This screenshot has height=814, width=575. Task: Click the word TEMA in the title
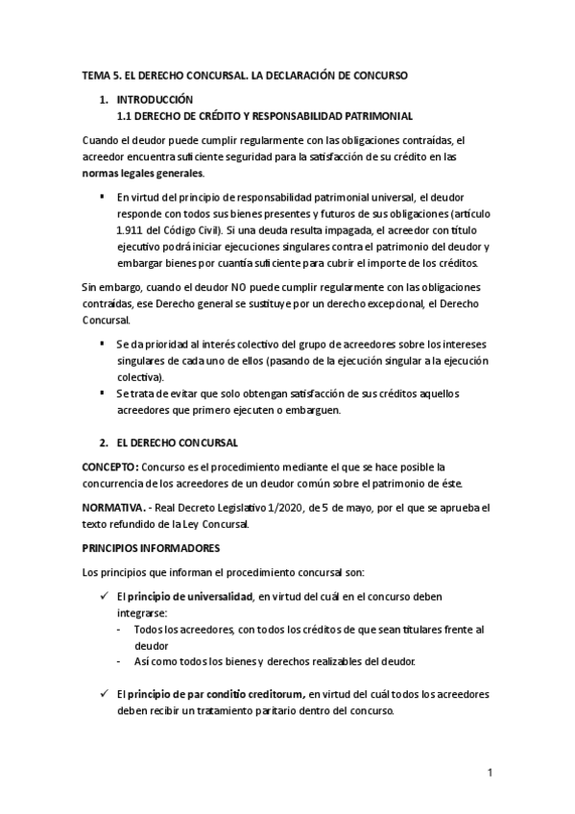[95, 74]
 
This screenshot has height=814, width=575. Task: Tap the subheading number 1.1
[124, 115]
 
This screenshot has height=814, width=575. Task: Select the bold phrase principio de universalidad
[192, 596]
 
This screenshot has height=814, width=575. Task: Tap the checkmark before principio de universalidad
[104, 596]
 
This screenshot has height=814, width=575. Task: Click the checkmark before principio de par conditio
[104, 693]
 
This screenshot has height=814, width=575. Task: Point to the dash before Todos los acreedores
[118, 629]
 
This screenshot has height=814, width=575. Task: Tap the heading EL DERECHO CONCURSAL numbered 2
[183, 443]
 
